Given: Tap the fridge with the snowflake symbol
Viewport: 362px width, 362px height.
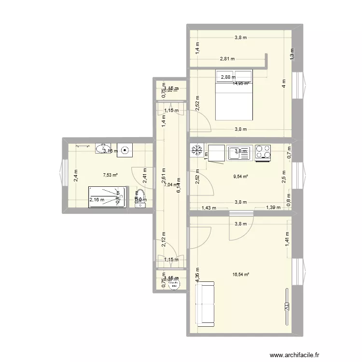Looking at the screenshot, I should (196, 151).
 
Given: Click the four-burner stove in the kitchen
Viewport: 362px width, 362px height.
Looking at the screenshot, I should (263, 152).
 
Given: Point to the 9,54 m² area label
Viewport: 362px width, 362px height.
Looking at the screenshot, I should (240, 177).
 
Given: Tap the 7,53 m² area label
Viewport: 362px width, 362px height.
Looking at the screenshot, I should (111, 175).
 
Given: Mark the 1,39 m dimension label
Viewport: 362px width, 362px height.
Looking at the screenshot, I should (274, 208).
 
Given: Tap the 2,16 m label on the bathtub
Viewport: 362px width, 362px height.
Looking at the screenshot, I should (97, 199).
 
